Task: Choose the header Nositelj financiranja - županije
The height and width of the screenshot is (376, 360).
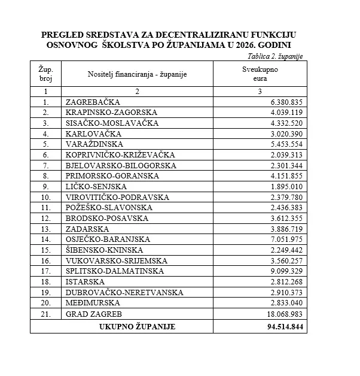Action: tap(136, 74)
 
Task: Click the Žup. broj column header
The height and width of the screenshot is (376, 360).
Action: tap(45, 74)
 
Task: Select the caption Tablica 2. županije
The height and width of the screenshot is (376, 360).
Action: tap(274, 56)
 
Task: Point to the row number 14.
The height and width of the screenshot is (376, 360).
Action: tap(45, 239)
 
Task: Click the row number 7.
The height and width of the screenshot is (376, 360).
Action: tap(45, 165)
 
